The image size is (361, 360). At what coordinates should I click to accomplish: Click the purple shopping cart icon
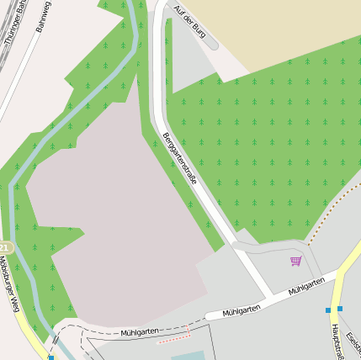click(295, 261)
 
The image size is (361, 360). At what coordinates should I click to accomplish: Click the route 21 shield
click(4, 248)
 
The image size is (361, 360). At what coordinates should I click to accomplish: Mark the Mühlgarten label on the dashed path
click(139, 332)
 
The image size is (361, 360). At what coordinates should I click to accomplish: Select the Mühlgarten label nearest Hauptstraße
click(305, 286)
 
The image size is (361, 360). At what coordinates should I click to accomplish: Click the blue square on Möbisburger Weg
click(50, 357)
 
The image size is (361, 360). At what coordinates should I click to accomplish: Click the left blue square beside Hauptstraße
click(328, 310)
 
